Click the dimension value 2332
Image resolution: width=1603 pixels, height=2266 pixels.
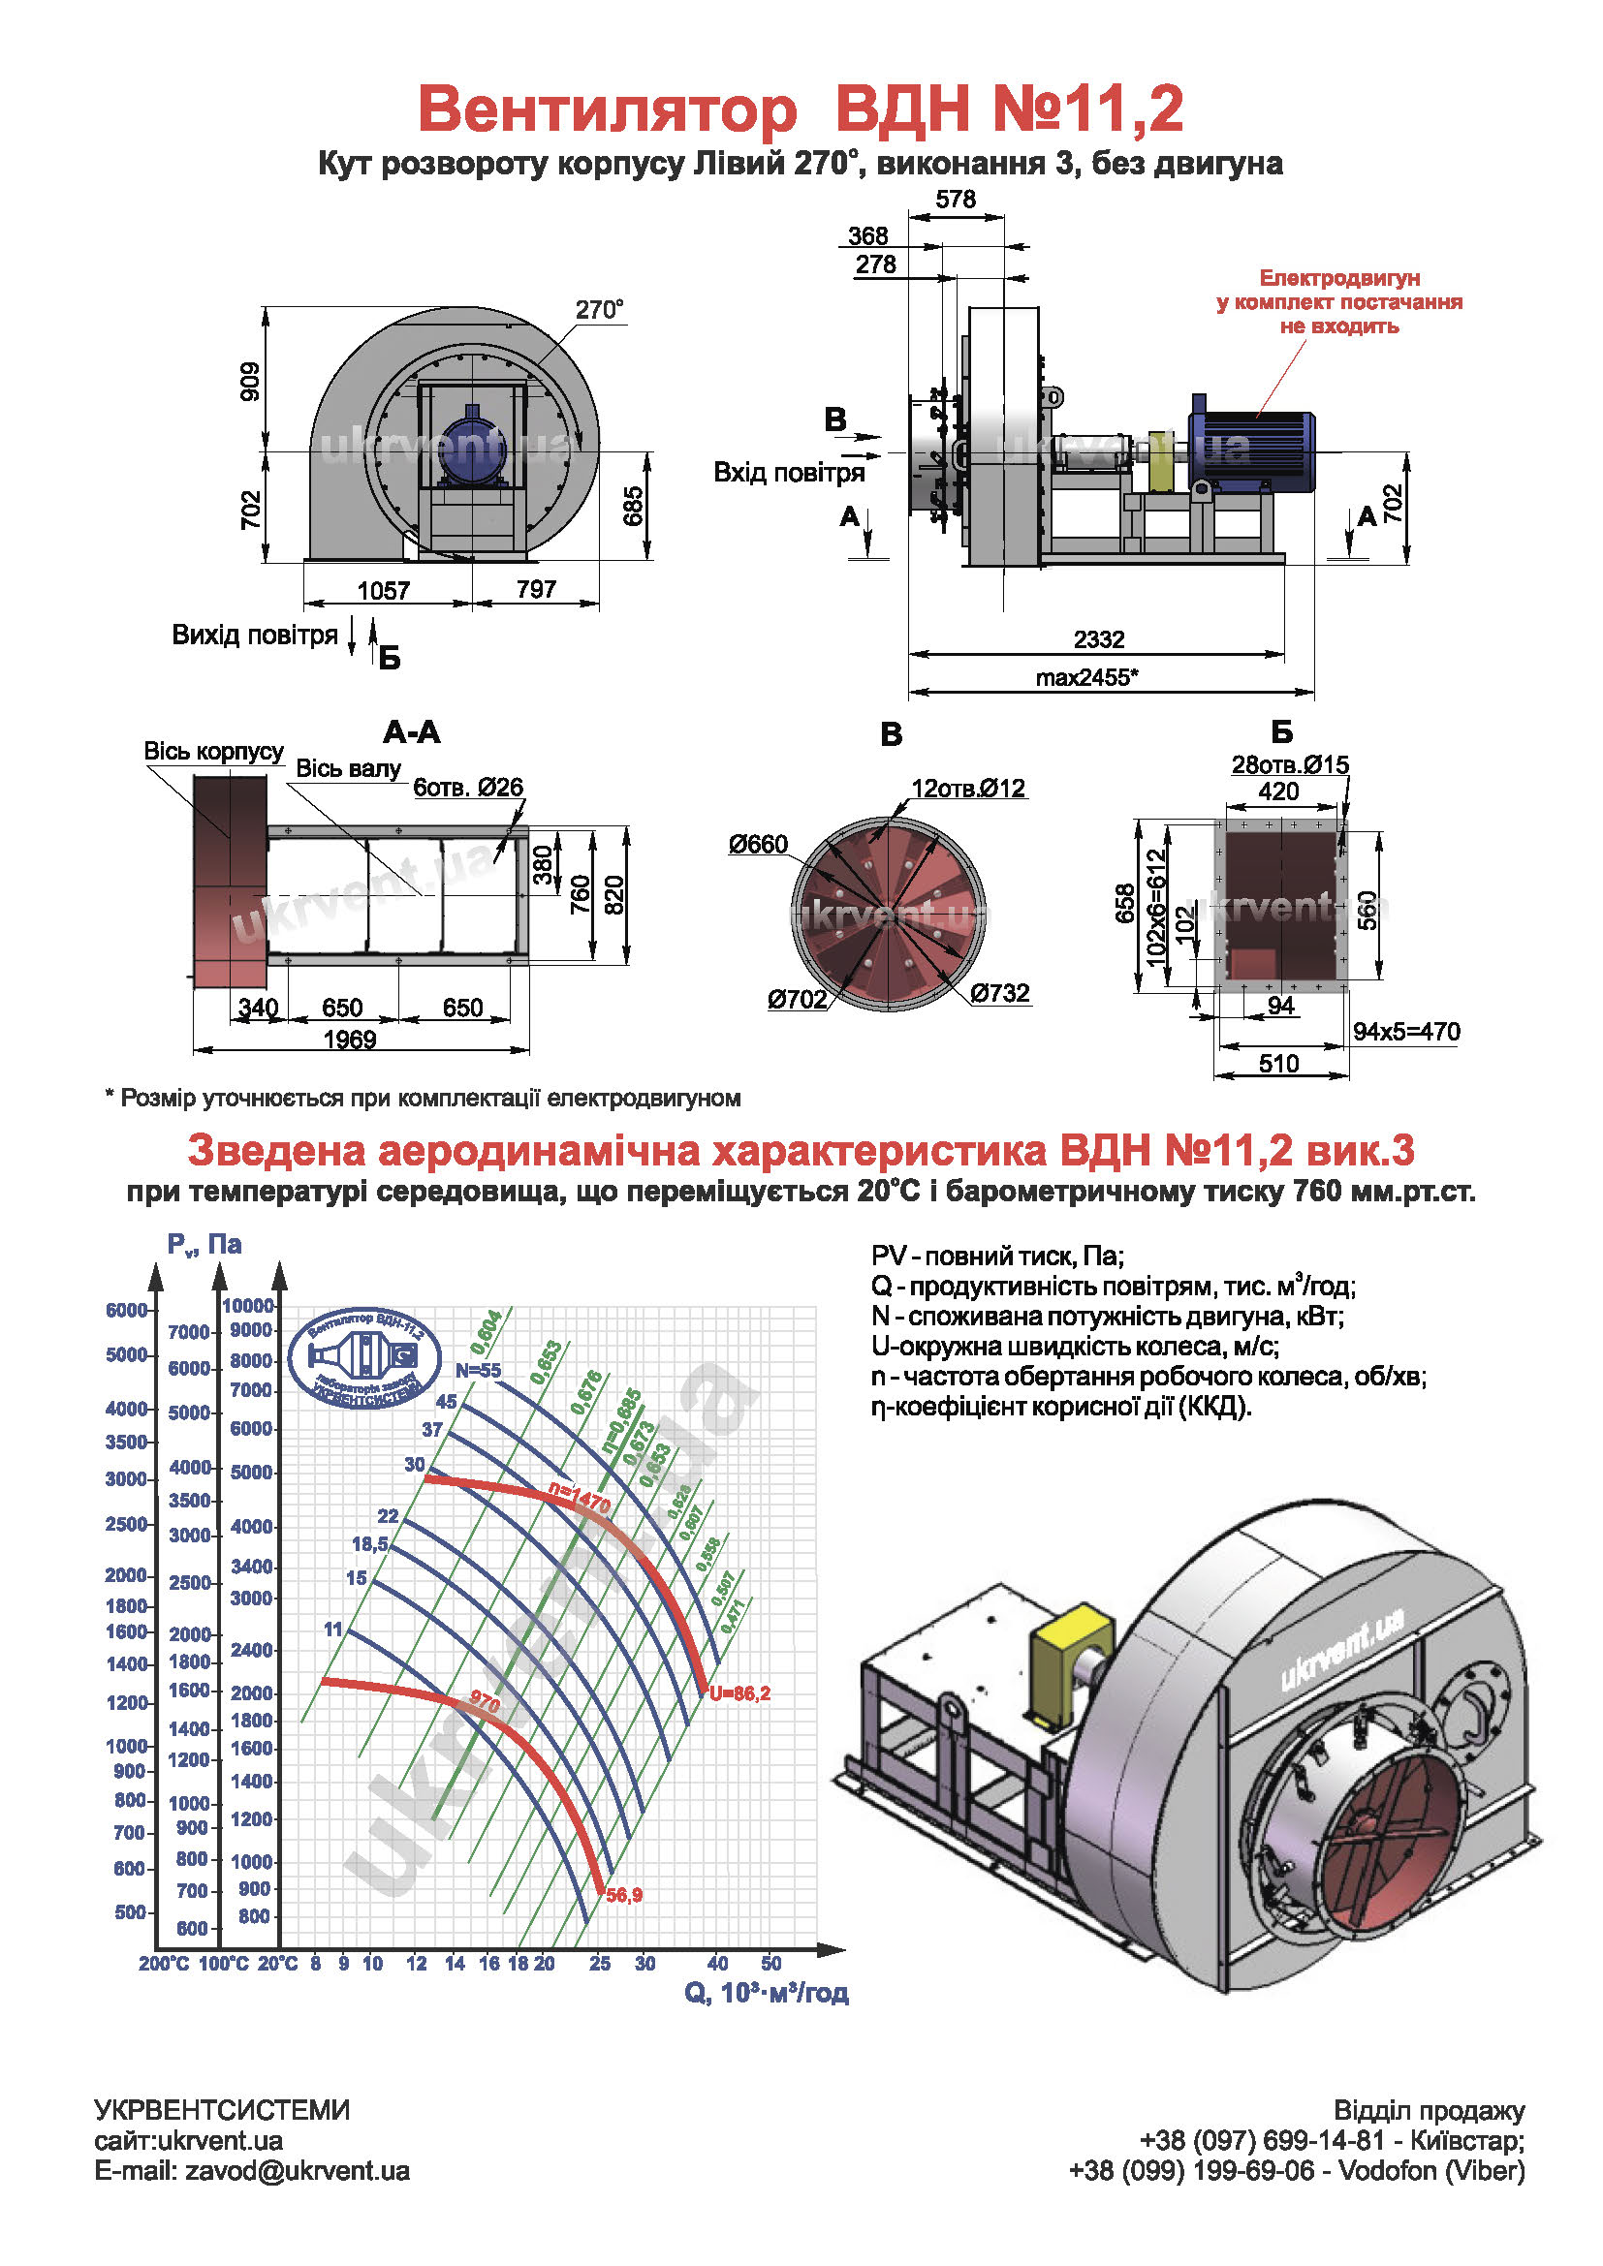click(1099, 639)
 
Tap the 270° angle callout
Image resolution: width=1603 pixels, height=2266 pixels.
click(599, 310)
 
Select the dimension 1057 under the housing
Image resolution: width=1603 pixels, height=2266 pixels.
click(383, 590)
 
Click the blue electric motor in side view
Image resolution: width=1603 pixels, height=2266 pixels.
click(1250, 450)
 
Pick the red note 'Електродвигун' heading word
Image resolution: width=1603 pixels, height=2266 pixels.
click(1338, 279)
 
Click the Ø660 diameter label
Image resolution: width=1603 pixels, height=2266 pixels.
click(758, 844)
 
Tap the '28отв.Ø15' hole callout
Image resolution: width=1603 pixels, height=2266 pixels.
click(1289, 765)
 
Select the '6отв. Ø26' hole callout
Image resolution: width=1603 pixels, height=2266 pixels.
click(468, 787)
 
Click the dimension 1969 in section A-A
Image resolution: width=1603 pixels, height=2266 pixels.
click(350, 1040)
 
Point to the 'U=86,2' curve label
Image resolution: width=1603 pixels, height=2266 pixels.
click(739, 1693)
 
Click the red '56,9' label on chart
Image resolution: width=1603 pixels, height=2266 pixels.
click(624, 1895)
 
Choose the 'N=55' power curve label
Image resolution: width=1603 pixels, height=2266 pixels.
click(478, 1370)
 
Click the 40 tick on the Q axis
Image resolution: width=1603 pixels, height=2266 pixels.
click(717, 1963)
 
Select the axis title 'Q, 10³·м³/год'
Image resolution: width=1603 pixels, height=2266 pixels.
click(766, 1993)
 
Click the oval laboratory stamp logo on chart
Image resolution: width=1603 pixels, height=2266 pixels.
click(364, 1359)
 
